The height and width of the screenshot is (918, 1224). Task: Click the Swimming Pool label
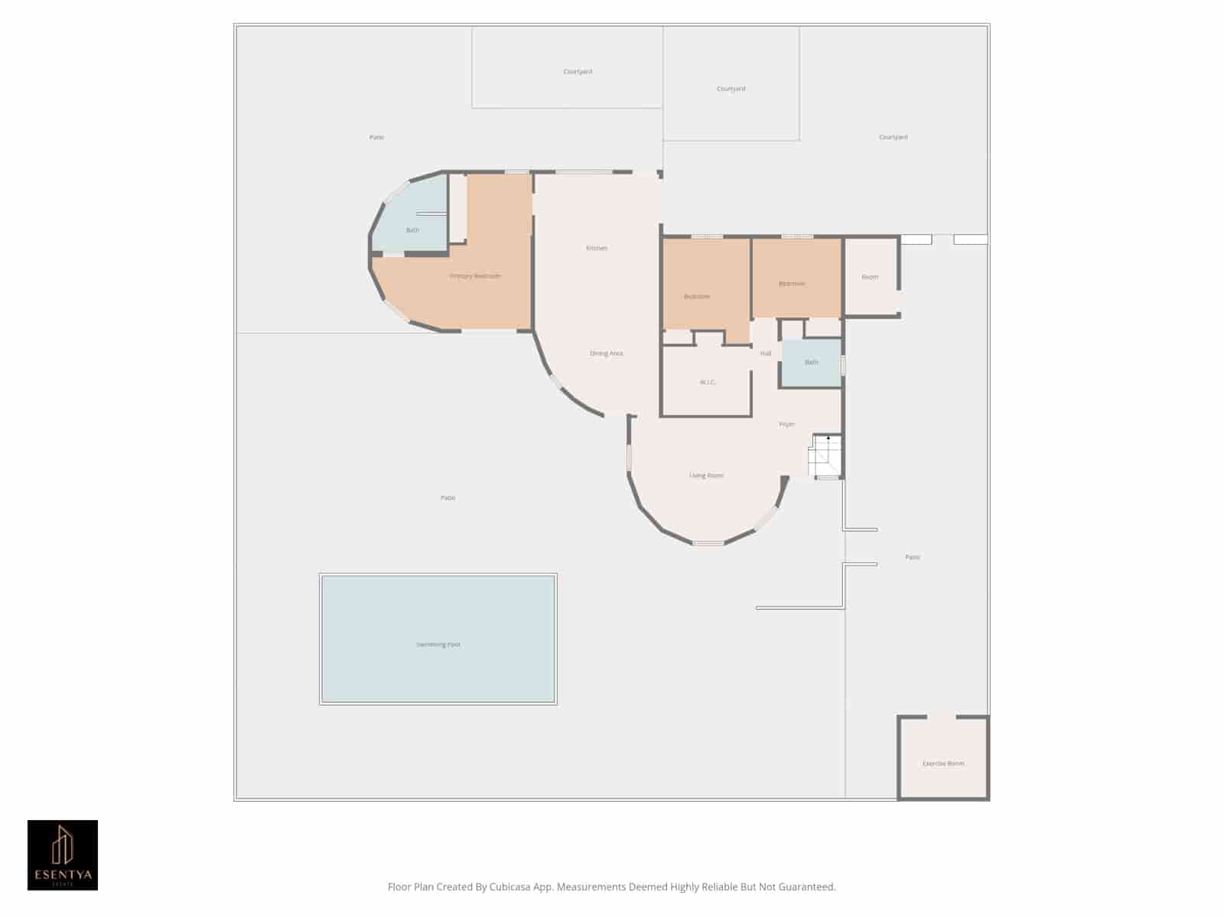coord(438,645)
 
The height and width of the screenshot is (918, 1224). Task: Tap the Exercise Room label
coord(943,763)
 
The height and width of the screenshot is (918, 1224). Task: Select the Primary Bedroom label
coord(475,276)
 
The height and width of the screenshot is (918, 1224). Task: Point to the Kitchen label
coord(597,248)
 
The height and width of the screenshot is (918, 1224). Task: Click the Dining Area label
coord(606,353)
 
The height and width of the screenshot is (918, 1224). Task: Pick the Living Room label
coord(706,476)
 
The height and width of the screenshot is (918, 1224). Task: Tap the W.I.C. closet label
coord(708,382)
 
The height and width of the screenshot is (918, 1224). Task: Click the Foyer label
coord(787,425)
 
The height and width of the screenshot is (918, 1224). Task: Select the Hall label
coord(766,353)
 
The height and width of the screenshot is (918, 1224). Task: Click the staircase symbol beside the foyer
coord(826,457)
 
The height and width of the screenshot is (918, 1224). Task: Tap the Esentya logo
coord(63,855)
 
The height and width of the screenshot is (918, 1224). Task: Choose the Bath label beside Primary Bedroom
coord(412,230)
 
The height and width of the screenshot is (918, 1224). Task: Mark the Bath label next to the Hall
coord(812,363)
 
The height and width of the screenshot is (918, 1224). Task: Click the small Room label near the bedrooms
coord(870,277)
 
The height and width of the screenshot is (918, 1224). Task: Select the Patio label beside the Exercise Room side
coord(913,558)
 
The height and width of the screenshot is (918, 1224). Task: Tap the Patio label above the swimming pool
coord(448,498)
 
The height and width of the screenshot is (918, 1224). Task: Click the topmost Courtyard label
coord(578,72)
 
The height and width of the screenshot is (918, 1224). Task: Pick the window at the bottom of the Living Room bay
coord(708,543)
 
